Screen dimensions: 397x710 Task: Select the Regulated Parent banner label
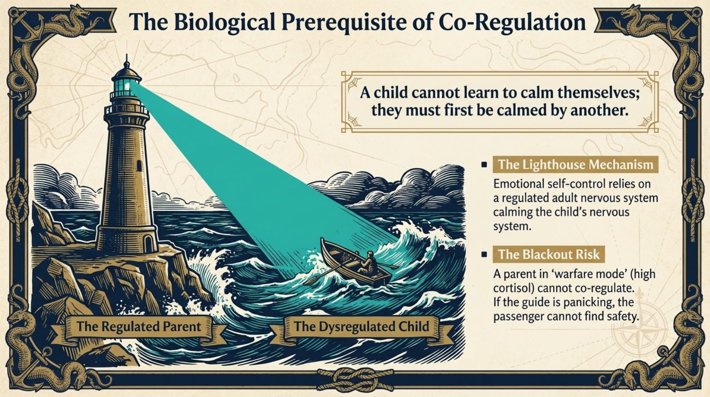point(138,327)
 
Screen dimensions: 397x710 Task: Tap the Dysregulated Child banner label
point(361,327)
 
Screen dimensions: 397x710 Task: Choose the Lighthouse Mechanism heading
point(575,165)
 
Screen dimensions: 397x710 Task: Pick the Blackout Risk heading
point(548,254)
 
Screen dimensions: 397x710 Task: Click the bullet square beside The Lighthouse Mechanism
point(484,165)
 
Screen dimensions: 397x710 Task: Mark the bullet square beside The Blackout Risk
point(484,254)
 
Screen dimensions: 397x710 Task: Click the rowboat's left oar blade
point(310,280)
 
